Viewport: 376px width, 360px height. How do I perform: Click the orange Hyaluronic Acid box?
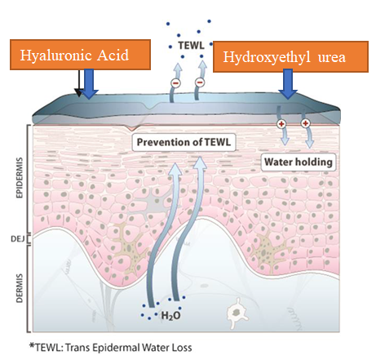point(80,55)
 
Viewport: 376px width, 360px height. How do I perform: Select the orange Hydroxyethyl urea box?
point(290,56)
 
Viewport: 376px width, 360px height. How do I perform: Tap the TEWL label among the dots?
point(191,45)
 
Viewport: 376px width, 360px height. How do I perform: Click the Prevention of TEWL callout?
point(184,142)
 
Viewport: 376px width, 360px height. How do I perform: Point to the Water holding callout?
point(299,162)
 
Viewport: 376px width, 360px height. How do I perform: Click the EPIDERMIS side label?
point(20,177)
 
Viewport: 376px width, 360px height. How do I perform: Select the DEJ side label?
point(18,239)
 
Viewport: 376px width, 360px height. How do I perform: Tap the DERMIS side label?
point(20,288)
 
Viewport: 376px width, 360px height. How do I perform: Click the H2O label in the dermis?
point(170,316)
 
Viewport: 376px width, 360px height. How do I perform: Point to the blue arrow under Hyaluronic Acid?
point(89,83)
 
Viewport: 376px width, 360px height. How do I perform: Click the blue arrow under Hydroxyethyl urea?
point(288,84)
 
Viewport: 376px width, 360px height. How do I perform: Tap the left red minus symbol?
point(176,82)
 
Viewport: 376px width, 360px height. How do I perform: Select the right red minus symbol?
point(200,82)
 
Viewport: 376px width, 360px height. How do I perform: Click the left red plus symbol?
point(281,124)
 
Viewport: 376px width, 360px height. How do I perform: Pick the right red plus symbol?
point(305,123)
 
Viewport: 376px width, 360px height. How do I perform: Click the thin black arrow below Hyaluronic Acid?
point(78,83)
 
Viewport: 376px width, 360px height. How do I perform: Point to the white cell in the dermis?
point(237,313)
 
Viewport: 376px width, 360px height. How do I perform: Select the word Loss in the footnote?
point(182,348)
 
